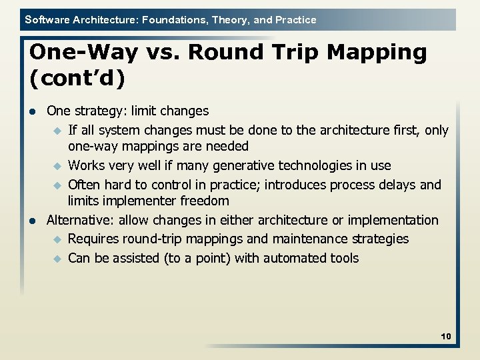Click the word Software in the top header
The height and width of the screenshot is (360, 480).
(x=46, y=20)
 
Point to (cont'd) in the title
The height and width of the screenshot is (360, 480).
(x=77, y=79)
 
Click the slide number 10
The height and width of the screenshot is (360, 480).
(x=445, y=337)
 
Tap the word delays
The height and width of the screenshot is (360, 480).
(x=397, y=184)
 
